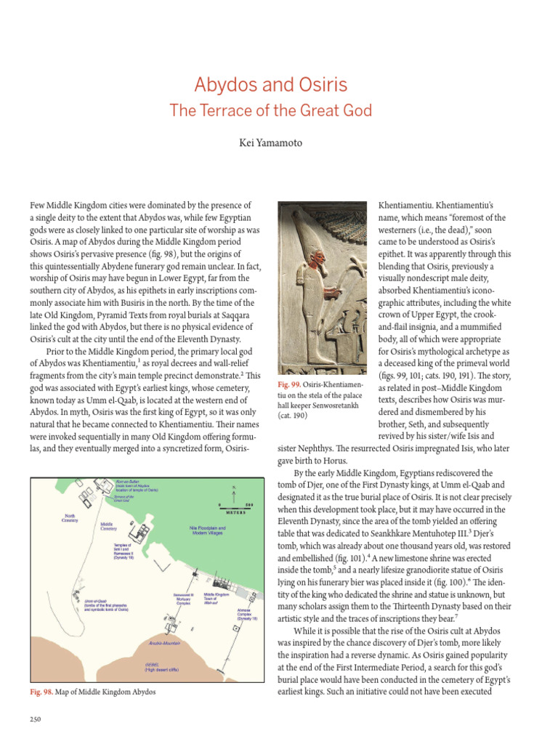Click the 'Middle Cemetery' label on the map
click(x=108, y=526)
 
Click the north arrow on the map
click(x=234, y=489)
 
